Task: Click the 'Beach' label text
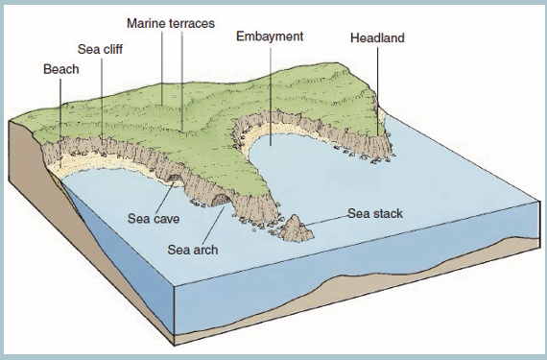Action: tap(61, 69)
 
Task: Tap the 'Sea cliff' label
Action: tap(100, 49)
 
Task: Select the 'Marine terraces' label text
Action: tap(171, 23)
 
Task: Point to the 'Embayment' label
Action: tap(270, 36)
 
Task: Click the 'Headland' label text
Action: tap(377, 37)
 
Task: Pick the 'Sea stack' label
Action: tap(375, 213)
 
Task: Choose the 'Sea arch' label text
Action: tap(193, 250)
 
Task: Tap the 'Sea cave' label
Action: tap(154, 219)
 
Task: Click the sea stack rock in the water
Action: tap(296, 228)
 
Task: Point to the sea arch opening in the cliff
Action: tap(220, 201)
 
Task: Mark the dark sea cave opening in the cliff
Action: tap(174, 179)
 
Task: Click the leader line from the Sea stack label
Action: tap(325, 220)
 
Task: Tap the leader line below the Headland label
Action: tap(377, 90)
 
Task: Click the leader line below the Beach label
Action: tap(60, 124)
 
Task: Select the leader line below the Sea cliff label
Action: tap(102, 98)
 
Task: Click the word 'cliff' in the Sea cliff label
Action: tap(112, 49)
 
